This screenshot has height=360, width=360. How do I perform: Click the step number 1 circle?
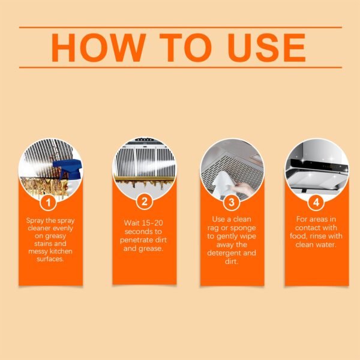[x=51, y=202]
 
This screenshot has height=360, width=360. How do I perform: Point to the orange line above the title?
[x=180, y=27]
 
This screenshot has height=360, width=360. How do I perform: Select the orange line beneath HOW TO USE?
[x=180, y=67]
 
